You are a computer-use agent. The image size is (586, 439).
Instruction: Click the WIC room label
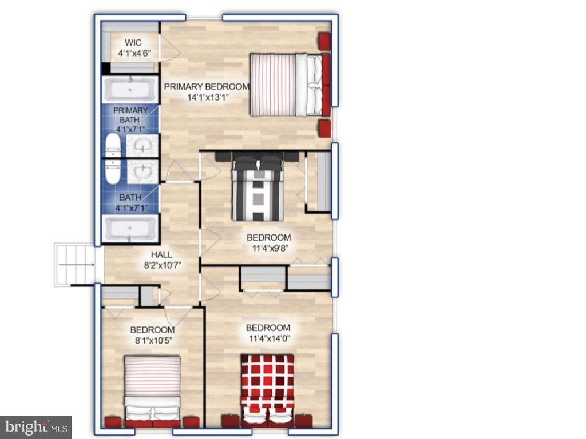pos(133,42)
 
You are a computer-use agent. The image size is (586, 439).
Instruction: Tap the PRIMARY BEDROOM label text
pos(207,87)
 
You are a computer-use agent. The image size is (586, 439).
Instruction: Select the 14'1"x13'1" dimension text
pos(208,98)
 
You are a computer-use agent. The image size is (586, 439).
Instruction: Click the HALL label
pos(161,254)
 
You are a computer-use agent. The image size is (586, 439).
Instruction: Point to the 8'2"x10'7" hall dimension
pos(163,265)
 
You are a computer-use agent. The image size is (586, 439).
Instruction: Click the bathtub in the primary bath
pos(130,90)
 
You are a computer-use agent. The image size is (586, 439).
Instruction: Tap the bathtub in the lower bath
pos(130,229)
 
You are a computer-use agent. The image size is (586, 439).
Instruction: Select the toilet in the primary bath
pos(113,145)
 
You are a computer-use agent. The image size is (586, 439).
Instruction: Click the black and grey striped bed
pos(258,187)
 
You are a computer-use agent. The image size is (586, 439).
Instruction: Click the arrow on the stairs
pos(77,265)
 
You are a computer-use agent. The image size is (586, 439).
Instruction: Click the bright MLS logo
pos(36,427)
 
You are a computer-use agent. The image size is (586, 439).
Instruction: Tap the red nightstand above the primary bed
pos(324,41)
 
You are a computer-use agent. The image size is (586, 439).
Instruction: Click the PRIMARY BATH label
pos(130,115)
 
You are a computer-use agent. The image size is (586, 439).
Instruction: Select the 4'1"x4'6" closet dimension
pos(134,53)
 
